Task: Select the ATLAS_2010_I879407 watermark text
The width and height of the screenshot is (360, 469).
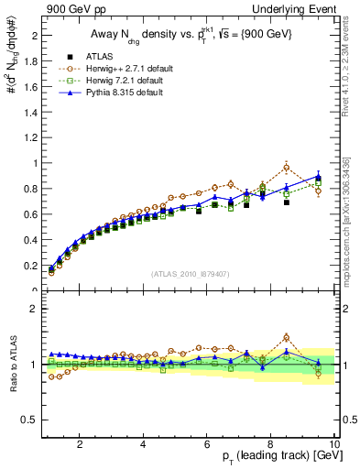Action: (x=191, y=274)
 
